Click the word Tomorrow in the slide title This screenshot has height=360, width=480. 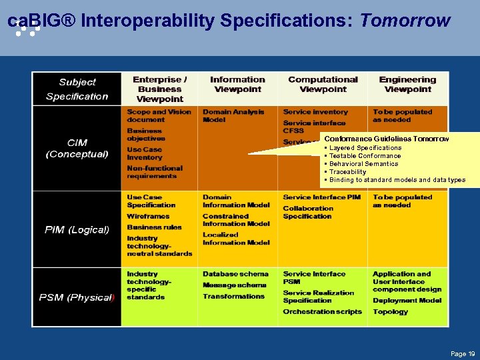click(405, 21)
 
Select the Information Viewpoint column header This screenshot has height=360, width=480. click(237, 84)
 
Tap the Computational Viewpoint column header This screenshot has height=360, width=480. click(323, 84)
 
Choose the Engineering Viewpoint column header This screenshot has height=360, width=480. click(407, 84)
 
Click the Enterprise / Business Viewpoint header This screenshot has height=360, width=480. click(160, 89)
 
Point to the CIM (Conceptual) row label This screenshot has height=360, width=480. click(77, 148)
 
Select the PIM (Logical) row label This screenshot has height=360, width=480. click(77, 229)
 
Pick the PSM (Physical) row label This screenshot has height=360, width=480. click(77, 297)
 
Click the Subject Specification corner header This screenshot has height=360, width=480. click(77, 89)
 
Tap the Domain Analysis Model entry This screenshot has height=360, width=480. click(233, 116)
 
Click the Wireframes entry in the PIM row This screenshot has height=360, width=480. click(148, 216)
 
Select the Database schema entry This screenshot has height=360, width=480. click(235, 274)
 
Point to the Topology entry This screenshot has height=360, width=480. click(391, 311)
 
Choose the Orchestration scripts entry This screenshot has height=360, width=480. click(322, 311)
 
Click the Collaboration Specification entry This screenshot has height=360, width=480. click(308, 212)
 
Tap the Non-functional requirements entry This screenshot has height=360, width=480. click(154, 172)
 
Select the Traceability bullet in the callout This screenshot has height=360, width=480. click(347, 172)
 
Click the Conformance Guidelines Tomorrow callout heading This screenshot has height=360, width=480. click(386, 139)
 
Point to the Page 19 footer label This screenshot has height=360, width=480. click(461, 353)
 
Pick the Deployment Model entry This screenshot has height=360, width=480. click(407, 300)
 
